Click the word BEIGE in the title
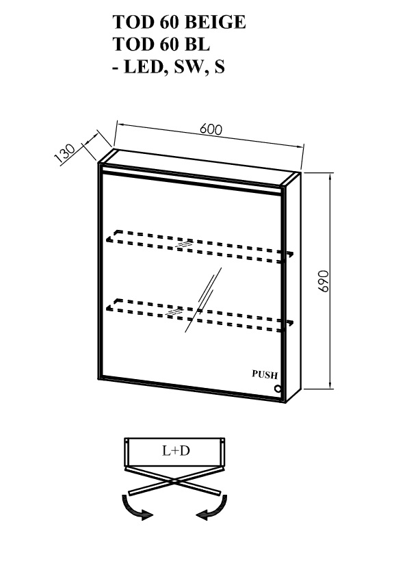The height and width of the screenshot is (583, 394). click(215, 23)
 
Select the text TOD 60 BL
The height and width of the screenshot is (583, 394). click(161, 44)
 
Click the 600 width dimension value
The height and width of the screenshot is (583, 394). click(211, 129)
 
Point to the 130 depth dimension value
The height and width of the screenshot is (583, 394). click(65, 153)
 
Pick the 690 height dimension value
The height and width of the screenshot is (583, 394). click(324, 281)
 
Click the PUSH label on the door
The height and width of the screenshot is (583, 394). click(265, 374)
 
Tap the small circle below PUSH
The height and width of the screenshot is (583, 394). click(278, 389)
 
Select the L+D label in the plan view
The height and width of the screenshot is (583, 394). click(176, 451)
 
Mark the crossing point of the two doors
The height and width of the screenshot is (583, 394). click(174, 482)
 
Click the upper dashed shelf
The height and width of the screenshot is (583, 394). click(200, 246)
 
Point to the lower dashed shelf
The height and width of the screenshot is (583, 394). click(200, 314)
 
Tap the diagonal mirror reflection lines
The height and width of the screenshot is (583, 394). click(203, 300)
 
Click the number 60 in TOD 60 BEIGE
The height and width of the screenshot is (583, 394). click(169, 23)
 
